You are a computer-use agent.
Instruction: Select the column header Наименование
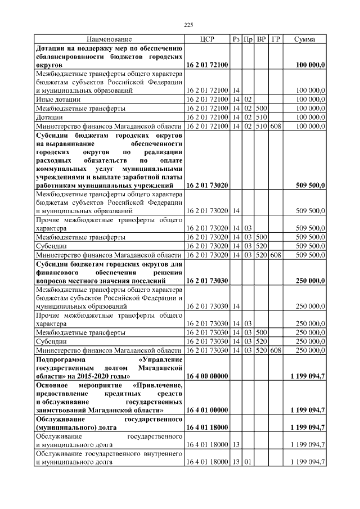109,39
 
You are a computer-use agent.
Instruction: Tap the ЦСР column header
206,39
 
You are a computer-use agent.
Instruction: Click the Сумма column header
304,39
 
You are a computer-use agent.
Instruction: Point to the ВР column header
262,39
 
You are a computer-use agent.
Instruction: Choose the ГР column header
276,39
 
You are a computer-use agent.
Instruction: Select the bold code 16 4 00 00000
206,375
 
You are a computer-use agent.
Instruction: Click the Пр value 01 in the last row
248,462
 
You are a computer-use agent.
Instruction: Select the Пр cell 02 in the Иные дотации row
248,99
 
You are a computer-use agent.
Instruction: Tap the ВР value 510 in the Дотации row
262,117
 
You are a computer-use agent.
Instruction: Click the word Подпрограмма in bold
62,358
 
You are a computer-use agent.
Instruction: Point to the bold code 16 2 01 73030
206,280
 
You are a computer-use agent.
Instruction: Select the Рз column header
236,39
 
